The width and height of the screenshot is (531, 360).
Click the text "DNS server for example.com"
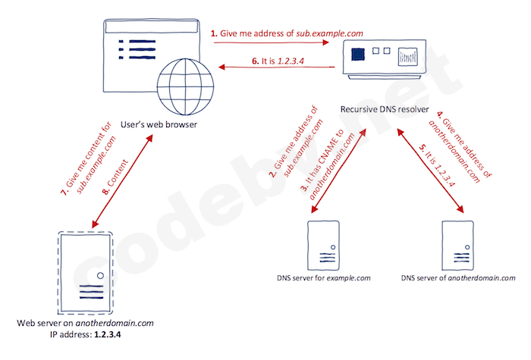pos(323,278)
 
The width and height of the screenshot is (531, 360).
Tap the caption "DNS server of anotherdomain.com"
pos(453,278)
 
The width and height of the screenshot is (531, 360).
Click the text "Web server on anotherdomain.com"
pos(85,323)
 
